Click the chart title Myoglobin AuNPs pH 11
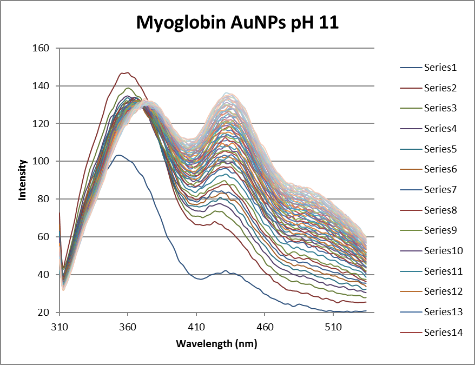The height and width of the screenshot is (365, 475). click(x=237, y=22)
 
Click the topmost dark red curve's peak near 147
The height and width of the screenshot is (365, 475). click(x=125, y=72)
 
